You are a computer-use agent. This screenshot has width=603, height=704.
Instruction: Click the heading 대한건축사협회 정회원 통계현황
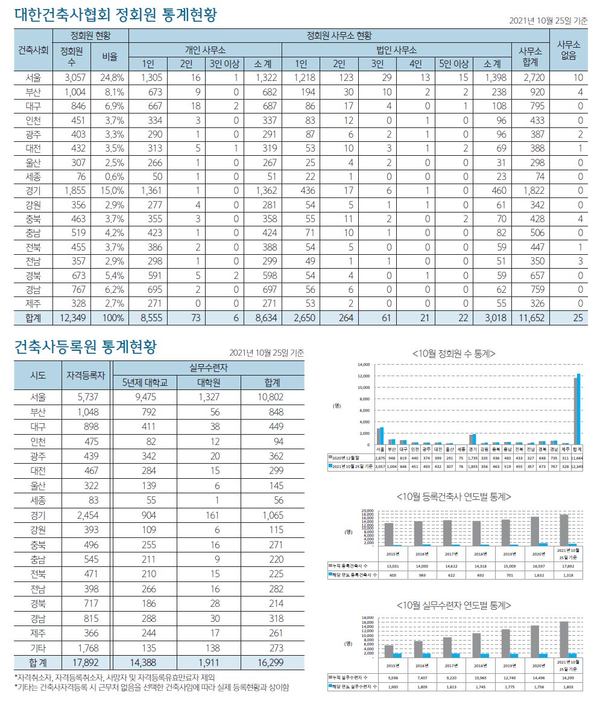point(115,14)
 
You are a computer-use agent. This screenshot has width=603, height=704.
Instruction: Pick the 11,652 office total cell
point(528,318)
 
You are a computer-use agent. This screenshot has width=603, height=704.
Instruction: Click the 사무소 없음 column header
point(568,50)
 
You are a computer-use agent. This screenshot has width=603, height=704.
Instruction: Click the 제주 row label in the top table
point(34,303)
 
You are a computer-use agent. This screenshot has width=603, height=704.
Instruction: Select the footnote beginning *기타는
point(151,687)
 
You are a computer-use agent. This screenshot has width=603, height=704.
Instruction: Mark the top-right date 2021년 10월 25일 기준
point(548,21)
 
